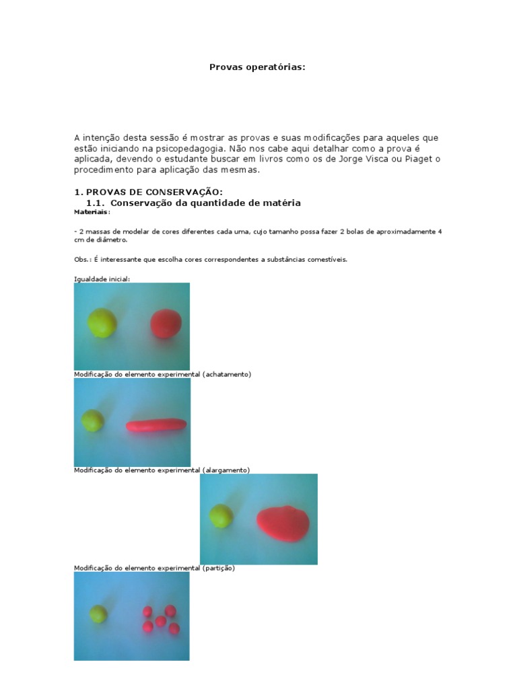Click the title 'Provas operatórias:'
pyautogui.click(x=257, y=67)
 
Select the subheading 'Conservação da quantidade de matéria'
pyautogui.click(x=205, y=203)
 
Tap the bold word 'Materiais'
pyautogui.click(x=90, y=211)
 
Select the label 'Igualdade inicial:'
pyautogui.click(x=102, y=279)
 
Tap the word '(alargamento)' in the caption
pyautogui.click(x=226, y=470)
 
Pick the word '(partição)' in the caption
pyautogui.click(x=218, y=568)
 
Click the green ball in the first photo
pyautogui.click(x=102, y=322)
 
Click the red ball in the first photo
pyautogui.click(x=166, y=323)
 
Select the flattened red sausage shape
pyautogui.click(x=156, y=425)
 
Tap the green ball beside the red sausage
pyautogui.click(x=93, y=421)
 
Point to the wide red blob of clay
pyautogui.click(x=283, y=522)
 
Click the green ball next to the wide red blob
pyautogui.click(x=221, y=516)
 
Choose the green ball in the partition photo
pyautogui.click(x=98, y=614)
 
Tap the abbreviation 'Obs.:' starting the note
pyautogui.click(x=83, y=259)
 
